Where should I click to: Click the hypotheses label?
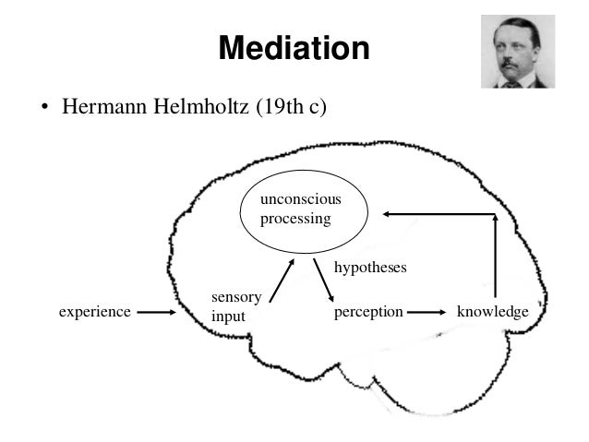[x=369, y=266]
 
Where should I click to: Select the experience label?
[x=94, y=312]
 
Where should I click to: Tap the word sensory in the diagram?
[x=236, y=297]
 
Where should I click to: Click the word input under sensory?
[x=228, y=316]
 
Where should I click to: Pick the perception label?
[x=367, y=312]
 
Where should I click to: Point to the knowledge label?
[x=492, y=312]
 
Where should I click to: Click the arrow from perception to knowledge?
[x=427, y=312]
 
